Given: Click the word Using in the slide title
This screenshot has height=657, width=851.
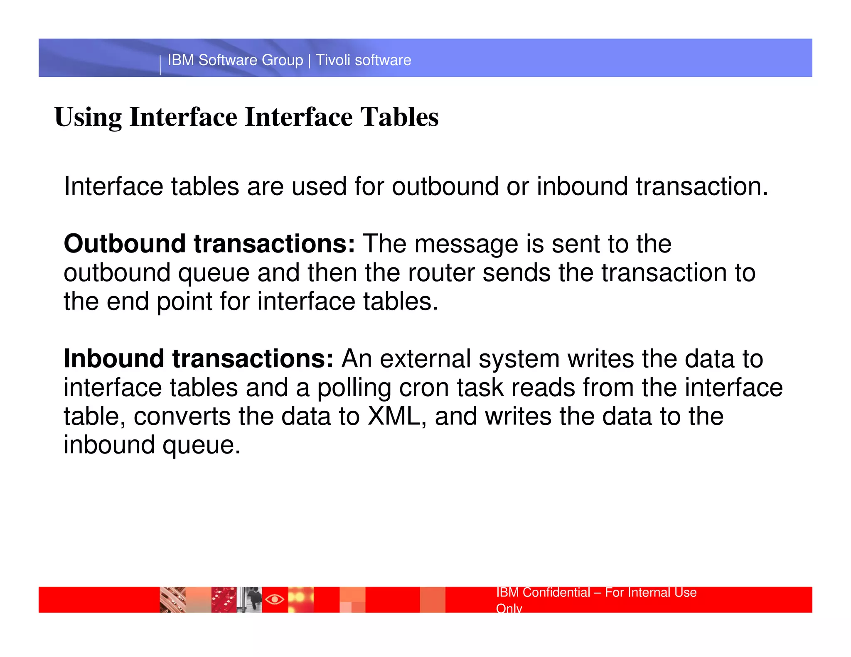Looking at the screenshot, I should (88, 118).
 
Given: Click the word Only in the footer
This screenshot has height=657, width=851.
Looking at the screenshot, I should (509, 608).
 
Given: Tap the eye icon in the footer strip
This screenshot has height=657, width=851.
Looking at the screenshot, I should (275, 599).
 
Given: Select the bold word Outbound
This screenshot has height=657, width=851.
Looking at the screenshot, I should (124, 244).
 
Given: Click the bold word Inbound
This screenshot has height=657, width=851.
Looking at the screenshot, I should (113, 359).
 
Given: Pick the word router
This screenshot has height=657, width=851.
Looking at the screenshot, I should (441, 273).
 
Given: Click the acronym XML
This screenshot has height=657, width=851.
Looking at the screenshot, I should (394, 417).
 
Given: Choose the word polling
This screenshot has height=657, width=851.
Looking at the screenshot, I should (354, 389).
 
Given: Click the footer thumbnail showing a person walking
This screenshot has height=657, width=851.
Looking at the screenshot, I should (250, 600).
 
